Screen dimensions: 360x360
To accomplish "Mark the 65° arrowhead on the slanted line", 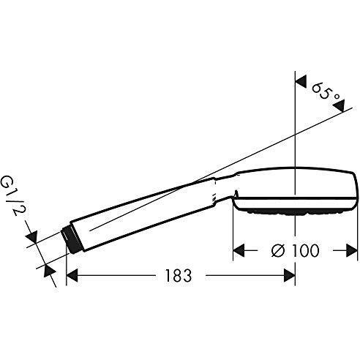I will click(x=338, y=108).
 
